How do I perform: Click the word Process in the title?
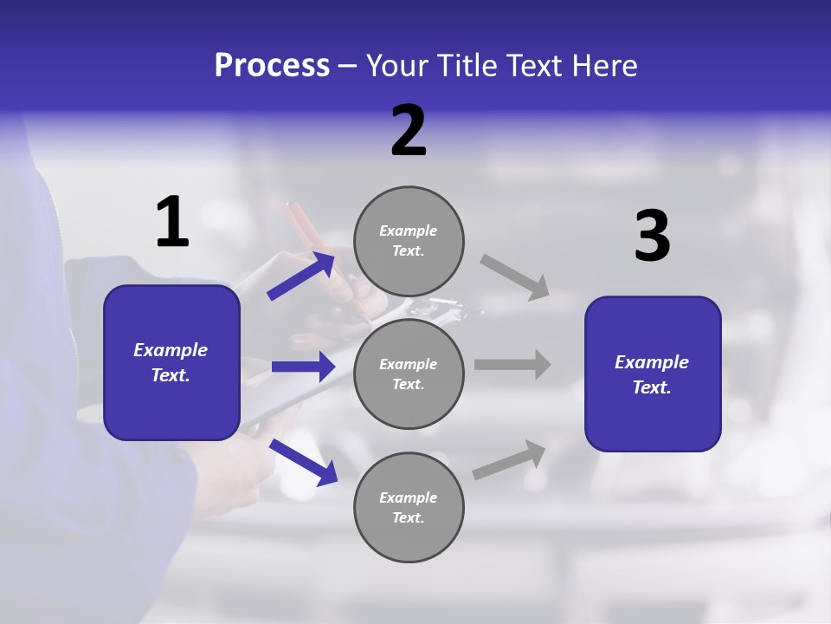[272, 65]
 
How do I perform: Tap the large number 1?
[172, 222]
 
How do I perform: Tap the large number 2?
[409, 131]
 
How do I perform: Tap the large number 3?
[652, 236]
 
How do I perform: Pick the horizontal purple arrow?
[303, 367]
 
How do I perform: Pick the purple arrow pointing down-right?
[303, 462]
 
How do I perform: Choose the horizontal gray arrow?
[512, 364]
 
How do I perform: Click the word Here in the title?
[603, 65]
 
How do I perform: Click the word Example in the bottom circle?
[409, 497]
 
